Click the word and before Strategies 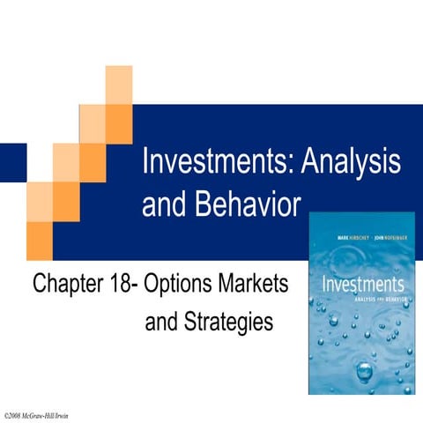coord(160,323)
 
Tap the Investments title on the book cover coord(361,286)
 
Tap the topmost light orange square coord(118,84)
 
